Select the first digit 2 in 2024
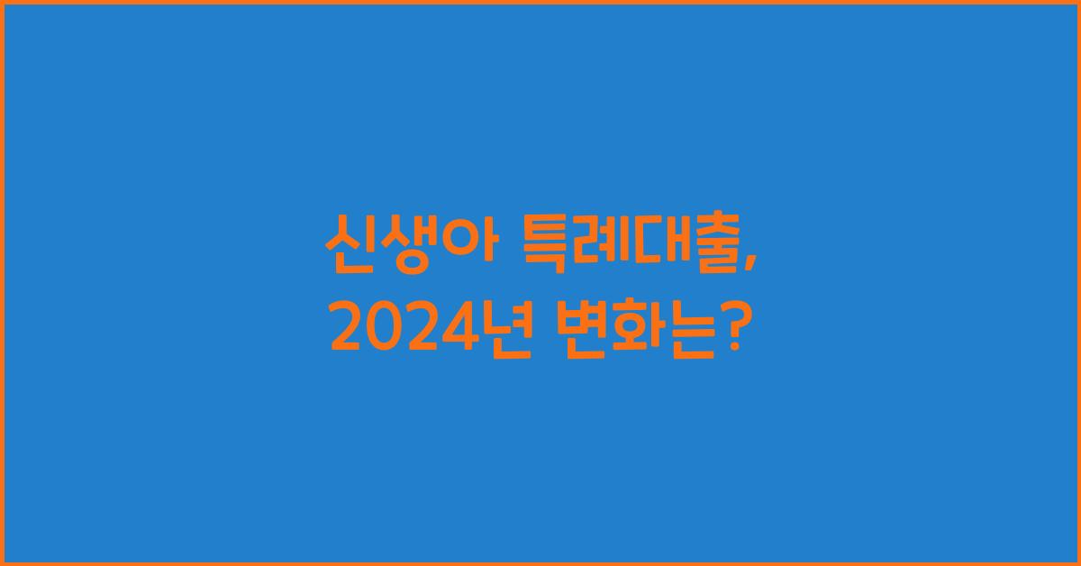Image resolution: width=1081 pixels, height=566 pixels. coord(346,331)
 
